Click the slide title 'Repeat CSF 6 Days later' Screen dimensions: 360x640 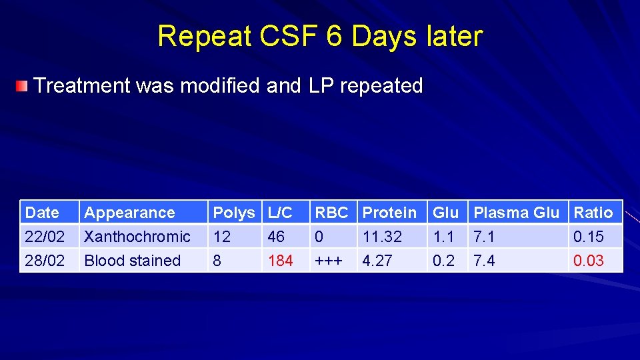320,36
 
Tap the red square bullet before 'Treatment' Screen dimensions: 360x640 23,86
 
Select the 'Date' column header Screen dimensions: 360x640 42,213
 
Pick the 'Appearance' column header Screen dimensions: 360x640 129,213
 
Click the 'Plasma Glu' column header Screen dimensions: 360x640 516,213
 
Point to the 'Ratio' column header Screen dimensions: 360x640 593,213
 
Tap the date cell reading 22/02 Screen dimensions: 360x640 45,237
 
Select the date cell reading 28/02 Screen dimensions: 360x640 45,261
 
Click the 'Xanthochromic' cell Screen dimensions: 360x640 137,237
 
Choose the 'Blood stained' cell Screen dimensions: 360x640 133,261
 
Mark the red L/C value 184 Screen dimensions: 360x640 280,261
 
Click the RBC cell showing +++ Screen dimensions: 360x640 329,261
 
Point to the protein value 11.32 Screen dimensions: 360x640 383,237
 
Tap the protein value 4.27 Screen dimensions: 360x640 377,261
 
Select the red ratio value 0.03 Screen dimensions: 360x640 589,261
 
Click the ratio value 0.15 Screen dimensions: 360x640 589,237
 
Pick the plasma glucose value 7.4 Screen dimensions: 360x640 484,261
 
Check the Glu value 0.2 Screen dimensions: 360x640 444,261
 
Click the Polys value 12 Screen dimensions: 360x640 222,237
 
